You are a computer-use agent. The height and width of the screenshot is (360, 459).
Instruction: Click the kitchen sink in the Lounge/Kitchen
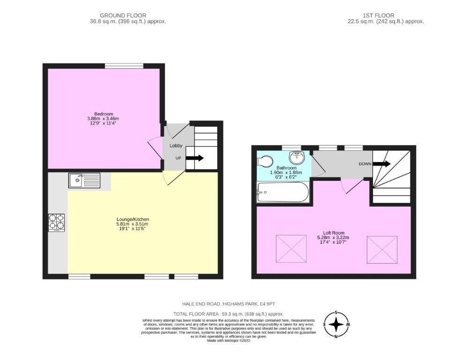[x=84, y=180]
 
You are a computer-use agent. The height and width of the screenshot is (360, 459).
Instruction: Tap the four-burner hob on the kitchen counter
[x=56, y=223]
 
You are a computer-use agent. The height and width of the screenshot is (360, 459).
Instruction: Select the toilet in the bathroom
[x=265, y=162]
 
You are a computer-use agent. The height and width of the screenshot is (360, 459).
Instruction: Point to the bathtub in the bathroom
[x=282, y=192]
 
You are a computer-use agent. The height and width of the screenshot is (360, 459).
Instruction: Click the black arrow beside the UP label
[x=195, y=158]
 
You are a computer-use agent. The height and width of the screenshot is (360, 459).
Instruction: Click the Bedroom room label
[x=104, y=114]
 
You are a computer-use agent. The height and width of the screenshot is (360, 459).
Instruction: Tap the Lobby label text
[x=176, y=146]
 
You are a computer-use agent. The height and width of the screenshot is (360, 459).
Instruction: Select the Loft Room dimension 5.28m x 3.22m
[x=333, y=238]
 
